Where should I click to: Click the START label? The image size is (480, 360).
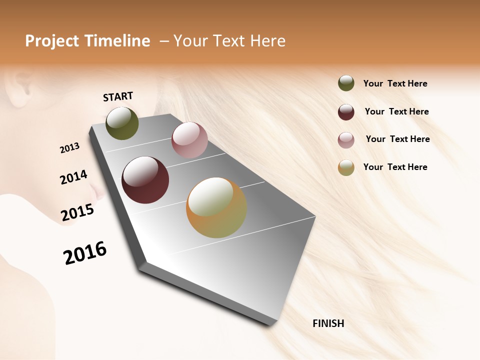pyautogui.click(x=118, y=96)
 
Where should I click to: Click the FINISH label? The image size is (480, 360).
pyautogui.click(x=328, y=323)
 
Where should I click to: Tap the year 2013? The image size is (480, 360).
pyautogui.click(x=69, y=148)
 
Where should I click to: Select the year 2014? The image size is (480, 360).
pyautogui.click(x=73, y=177)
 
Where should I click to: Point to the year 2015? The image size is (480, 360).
pyautogui.click(x=77, y=213)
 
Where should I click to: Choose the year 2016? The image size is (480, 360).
pyautogui.click(x=85, y=253)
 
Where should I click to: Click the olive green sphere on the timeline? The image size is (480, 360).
pyautogui.click(x=122, y=123)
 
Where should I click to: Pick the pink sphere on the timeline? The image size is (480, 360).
pyautogui.click(x=189, y=140)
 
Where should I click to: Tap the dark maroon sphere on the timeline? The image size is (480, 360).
pyautogui.click(x=145, y=180)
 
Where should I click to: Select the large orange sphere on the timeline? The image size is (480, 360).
pyautogui.click(x=216, y=207)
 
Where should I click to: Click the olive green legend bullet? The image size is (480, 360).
pyautogui.click(x=346, y=83)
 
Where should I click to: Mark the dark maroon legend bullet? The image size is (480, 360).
pyautogui.click(x=346, y=112)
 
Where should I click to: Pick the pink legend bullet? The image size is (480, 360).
pyautogui.click(x=346, y=140)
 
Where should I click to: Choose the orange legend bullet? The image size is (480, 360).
pyautogui.click(x=346, y=167)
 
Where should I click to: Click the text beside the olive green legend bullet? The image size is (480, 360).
pyautogui.click(x=395, y=83)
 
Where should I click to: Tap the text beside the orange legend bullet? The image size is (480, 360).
pyautogui.click(x=395, y=167)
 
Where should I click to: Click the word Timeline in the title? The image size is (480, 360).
pyautogui.click(x=118, y=41)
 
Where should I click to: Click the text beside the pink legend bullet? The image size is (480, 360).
pyautogui.click(x=397, y=139)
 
